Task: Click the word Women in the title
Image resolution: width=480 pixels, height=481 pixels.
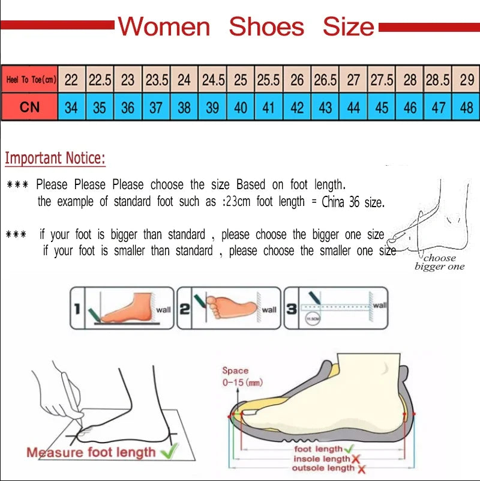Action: (164, 27)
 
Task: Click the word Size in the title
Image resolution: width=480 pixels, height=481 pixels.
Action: (348, 27)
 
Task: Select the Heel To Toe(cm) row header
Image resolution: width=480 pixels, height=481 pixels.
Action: (30, 79)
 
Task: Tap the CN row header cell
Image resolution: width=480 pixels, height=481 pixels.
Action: (30, 107)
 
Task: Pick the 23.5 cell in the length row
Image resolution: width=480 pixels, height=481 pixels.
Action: (157, 79)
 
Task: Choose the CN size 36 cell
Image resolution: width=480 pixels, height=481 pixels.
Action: (128, 107)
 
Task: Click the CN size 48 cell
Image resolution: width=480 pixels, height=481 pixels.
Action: (466, 107)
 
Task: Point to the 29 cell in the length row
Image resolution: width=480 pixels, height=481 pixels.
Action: (466, 79)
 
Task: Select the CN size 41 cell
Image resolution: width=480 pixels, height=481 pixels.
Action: (268, 107)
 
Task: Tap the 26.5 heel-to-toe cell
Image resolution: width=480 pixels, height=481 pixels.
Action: (325, 79)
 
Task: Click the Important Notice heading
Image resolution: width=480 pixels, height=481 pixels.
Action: (55, 159)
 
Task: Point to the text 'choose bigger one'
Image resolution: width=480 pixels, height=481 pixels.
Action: (439, 262)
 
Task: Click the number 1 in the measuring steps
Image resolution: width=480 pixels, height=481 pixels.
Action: (77, 309)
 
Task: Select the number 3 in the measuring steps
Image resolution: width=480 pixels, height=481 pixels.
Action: (291, 309)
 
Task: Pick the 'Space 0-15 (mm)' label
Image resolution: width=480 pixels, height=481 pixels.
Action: (242, 377)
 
